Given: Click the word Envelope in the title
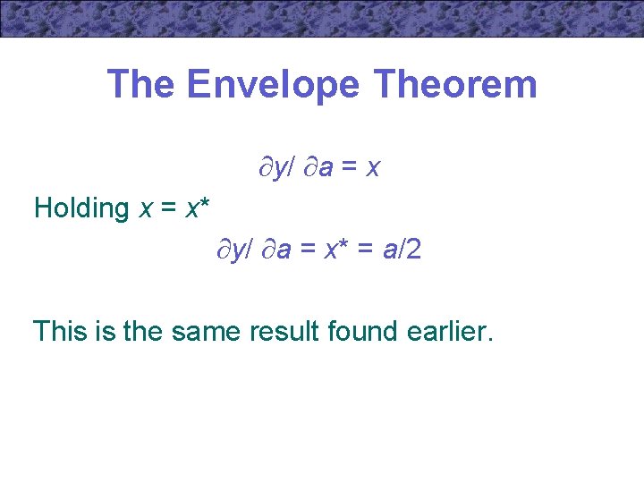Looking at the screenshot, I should click(x=273, y=85).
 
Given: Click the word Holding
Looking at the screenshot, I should click(x=81, y=208).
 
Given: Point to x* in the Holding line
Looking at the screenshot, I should click(x=198, y=208).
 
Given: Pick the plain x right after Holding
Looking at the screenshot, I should click(x=146, y=208).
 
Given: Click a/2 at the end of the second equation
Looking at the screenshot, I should click(x=402, y=250).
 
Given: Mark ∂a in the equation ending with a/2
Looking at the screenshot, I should click(x=276, y=250).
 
